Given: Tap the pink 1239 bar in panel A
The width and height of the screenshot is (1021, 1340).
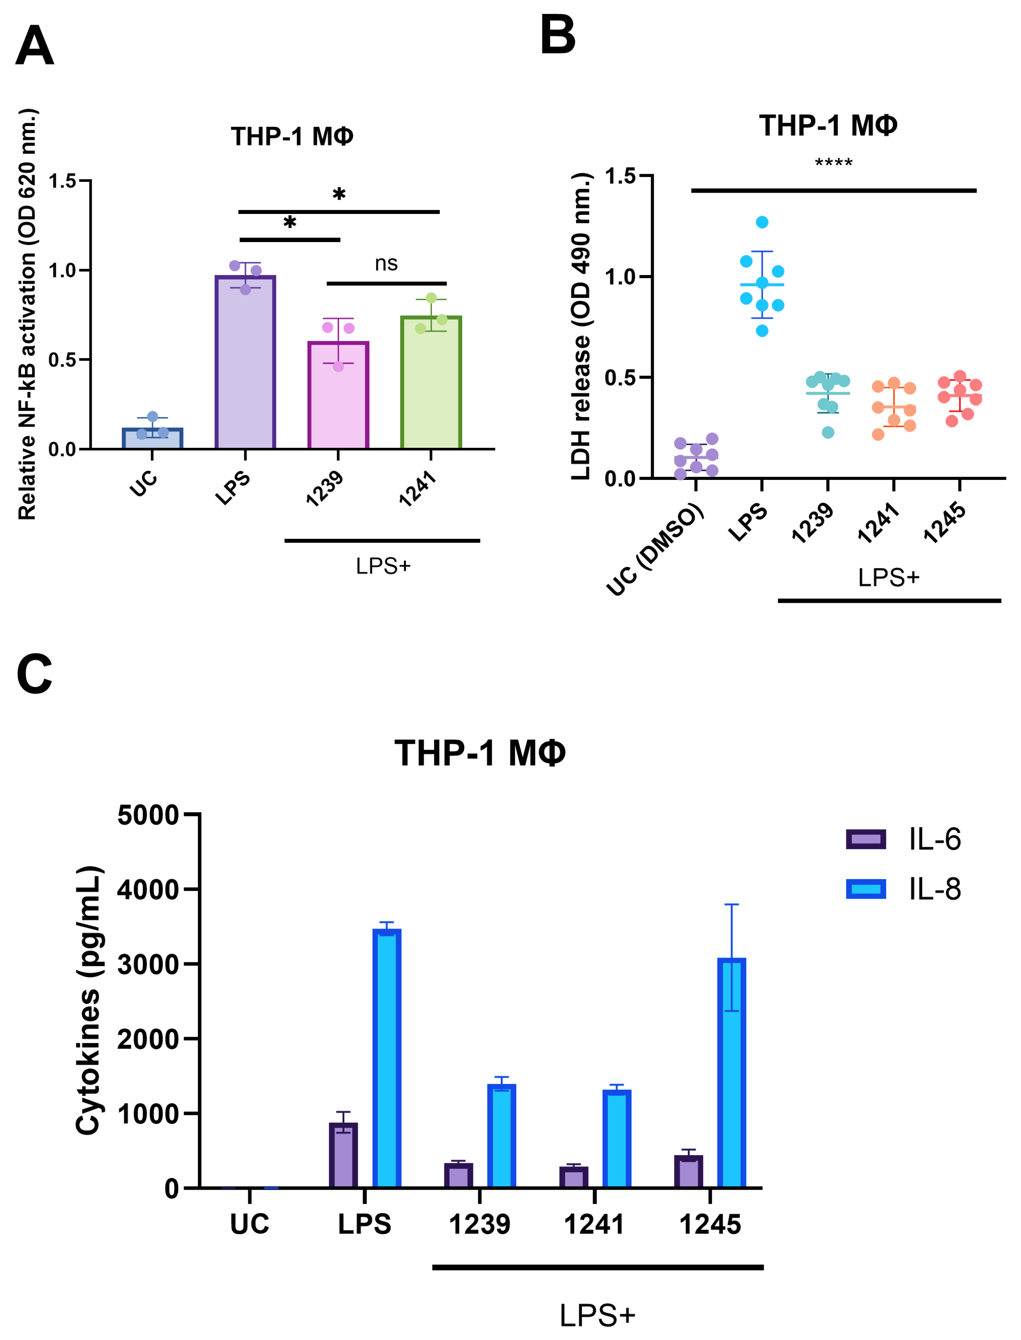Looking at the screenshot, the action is [338, 395].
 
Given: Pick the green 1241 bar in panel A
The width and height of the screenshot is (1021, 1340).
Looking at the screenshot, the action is [431, 383].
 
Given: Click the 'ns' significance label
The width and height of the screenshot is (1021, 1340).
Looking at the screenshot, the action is [386, 263].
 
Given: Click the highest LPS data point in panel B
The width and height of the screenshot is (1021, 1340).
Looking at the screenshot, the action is [762, 222].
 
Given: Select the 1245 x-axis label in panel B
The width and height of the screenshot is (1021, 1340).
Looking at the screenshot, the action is [944, 522].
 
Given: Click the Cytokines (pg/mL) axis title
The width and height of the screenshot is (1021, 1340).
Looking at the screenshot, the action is [89, 1000].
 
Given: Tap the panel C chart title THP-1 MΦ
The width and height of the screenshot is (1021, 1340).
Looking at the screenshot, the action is [480, 753].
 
